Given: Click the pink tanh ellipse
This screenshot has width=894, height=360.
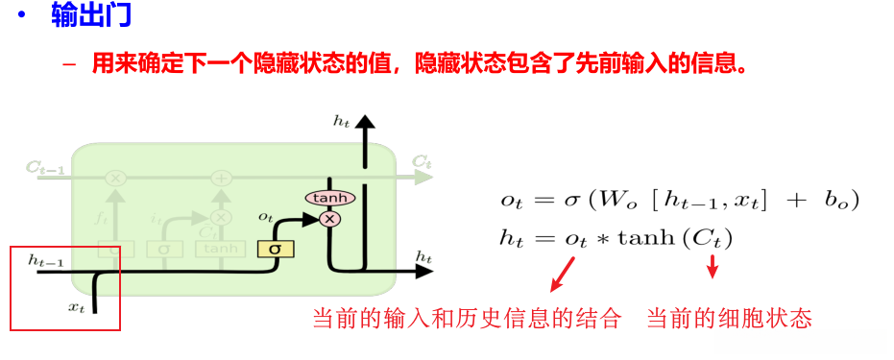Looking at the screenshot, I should (329, 198).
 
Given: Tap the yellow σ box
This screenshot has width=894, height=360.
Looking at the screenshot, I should (275, 249).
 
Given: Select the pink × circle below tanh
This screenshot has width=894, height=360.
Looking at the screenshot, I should (330, 219).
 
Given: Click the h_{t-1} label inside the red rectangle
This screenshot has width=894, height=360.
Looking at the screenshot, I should (44, 259).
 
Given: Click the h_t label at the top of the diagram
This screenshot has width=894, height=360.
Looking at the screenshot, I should (341, 121).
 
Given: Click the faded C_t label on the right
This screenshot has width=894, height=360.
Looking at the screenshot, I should (422, 160).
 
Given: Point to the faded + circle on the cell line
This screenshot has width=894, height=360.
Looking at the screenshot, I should (221, 179).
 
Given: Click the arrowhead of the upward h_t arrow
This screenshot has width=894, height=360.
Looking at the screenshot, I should (364, 122).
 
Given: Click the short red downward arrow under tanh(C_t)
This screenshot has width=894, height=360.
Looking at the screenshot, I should (713, 271).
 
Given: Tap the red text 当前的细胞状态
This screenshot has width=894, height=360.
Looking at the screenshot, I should (730, 319).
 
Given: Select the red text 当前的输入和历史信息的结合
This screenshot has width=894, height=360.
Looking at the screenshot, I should (468, 319).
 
